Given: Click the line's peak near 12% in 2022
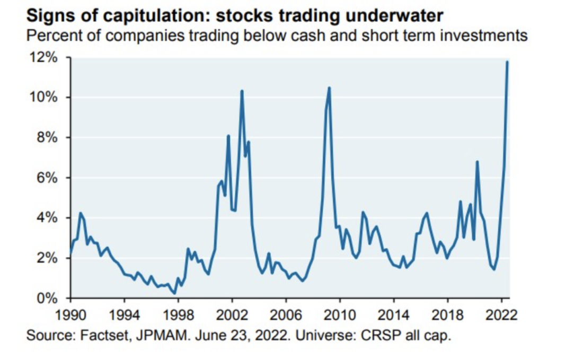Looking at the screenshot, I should click(x=507, y=62).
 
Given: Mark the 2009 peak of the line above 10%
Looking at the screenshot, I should click(x=329, y=87).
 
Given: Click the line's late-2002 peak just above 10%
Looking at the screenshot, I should click(x=242, y=91).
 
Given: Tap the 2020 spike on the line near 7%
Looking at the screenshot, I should click(x=477, y=162).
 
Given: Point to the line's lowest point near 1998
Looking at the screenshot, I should click(x=174, y=293).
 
